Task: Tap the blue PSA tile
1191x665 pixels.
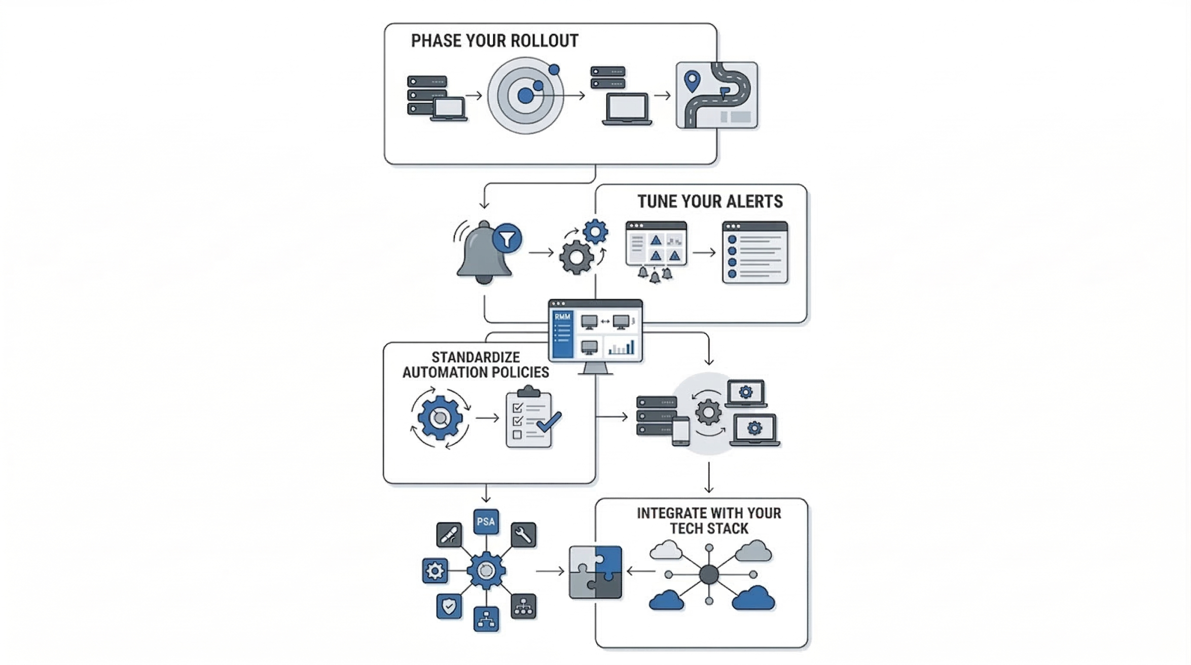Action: pyautogui.click(x=486, y=522)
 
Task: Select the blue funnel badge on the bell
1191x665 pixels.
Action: pyautogui.click(x=507, y=238)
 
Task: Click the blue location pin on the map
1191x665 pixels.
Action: pyautogui.click(x=692, y=81)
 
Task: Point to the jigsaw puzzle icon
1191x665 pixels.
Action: pyautogui.click(x=595, y=572)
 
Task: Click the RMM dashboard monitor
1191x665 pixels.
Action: pyautogui.click(x=595, y=332)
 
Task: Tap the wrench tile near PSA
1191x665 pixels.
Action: pyautogui.click(x=523, y=535)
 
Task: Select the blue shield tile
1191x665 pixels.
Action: pyautogui.click(x=449, y=606)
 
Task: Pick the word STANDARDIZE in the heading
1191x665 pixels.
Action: pyautogui.click(x=475, y=357)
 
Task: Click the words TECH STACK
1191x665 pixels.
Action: pyautogui.click(x=708, y=529)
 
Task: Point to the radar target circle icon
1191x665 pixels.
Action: pyautogui.click(x=526, y=96)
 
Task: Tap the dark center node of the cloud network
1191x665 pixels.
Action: pyautogui.click(x=709, y=574)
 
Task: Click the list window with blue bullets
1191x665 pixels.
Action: pyautogui.click(x=755, y=252)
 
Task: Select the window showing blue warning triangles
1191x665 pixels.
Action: pyautogui.click(x=656, y=244)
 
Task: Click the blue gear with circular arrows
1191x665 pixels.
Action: pyautogui.click(x=440, y=418)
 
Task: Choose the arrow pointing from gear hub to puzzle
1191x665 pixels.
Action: pyautogui.click(x=550, y=571)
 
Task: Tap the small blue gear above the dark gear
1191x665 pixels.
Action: pyautogui.click(x=595, y=232)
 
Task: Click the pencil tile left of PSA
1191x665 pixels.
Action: pyautogui.click(x=449, y=535)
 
